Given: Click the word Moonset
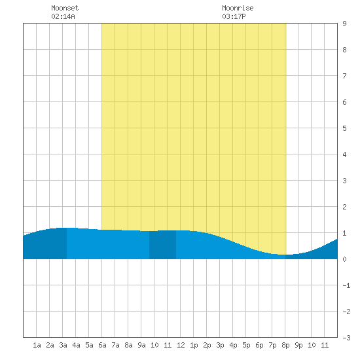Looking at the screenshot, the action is [x=65, y=8].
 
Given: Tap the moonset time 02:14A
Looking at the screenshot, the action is [x=63, y=16].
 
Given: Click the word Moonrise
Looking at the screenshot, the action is [x=238, y=8].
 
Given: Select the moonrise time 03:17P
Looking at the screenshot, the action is [x=234, y=16].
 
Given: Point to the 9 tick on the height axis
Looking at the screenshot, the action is [x=344, y=24].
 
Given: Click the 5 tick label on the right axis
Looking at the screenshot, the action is [x=344, y=128].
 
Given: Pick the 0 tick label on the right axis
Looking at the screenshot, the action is [x=344, y=259].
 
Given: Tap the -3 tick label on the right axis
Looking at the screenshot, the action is [x=346, y=338].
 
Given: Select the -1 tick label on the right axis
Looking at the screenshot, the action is [x=346, y=285].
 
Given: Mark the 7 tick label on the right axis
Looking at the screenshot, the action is [x=344, y=76].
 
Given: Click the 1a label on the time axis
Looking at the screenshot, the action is [x=37, y=345].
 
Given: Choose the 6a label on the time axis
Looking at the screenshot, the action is [x=102, y=345].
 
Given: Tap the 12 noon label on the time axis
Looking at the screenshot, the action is [x=181, y=345].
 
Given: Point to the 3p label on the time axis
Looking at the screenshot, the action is [x=220, y=345].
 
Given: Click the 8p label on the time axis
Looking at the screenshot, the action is [x=285, y=345].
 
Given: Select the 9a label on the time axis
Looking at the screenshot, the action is [x=141, y=345].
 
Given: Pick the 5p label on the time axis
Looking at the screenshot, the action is [x=246, y=345].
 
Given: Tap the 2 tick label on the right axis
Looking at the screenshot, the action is [x=344, y=207].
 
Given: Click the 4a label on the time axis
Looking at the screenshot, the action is [x=76, y=345].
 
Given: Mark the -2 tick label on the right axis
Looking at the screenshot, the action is [x=346, y=312].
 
